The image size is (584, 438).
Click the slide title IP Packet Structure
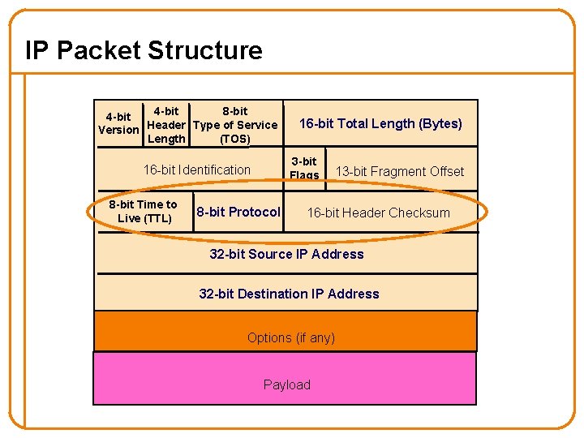[x=144, y=50]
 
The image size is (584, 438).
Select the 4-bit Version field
[x=118, y=123]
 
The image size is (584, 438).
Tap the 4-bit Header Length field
[x=166, y=125]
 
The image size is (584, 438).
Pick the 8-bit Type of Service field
[x=235, y=125]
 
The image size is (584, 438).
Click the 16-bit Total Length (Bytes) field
[x=380, y=123]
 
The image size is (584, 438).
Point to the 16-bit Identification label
[x=196, y=170]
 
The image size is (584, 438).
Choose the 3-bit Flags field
[x=304, y=169]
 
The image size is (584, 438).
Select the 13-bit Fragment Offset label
[x=400, y=171]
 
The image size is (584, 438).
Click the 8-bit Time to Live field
[x=144, y=211]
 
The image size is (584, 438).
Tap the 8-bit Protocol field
[x=238, y=212]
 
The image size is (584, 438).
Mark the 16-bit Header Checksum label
[x=378, y=213]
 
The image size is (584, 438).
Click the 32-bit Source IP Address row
[x=286, y=254]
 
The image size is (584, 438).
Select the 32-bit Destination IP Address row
[x=289, y=294]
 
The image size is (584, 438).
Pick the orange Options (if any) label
[x=290, y=337]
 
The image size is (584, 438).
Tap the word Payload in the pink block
[x=286, y=384]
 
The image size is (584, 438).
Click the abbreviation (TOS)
[x=235, y=139]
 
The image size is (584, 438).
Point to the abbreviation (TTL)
[x=157, y=218]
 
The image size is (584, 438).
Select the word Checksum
[x=423, y=213]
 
